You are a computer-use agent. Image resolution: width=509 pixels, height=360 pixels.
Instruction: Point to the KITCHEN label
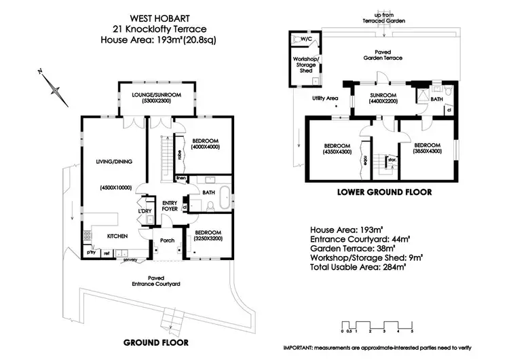[118, 236]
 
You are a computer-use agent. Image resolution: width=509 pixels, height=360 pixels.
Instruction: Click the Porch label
[167, 240]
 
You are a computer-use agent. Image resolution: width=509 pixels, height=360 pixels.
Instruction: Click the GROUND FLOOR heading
[155, 342]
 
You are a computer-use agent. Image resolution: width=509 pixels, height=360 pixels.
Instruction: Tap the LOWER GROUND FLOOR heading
[384, 192]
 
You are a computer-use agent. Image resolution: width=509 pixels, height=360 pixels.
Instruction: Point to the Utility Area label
[324, 98]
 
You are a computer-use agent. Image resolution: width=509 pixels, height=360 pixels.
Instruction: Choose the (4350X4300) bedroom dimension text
[337, 151]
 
